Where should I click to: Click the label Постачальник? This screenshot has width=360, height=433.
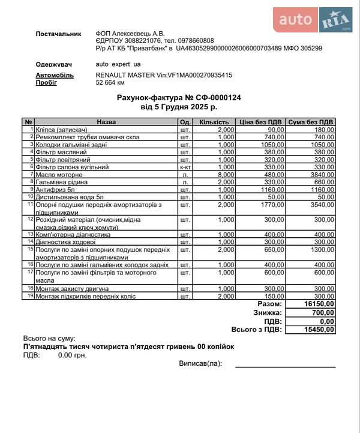[x=58, y=34]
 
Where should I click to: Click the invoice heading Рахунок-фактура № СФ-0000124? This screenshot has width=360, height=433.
[x=179, y=98]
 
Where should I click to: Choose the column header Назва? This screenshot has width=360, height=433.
[x=106, y=122]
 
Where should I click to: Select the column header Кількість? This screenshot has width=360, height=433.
[x=214, y=122]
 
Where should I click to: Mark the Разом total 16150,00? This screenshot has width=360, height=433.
[x=319, y=304]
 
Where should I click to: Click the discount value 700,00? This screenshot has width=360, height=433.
[x=323, y=313]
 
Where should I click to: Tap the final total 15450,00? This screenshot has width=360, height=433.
[x=319, y=329]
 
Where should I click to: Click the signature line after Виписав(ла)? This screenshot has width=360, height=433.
[x=285, y=365]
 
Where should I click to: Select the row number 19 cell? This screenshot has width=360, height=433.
[x=29, y=296]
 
